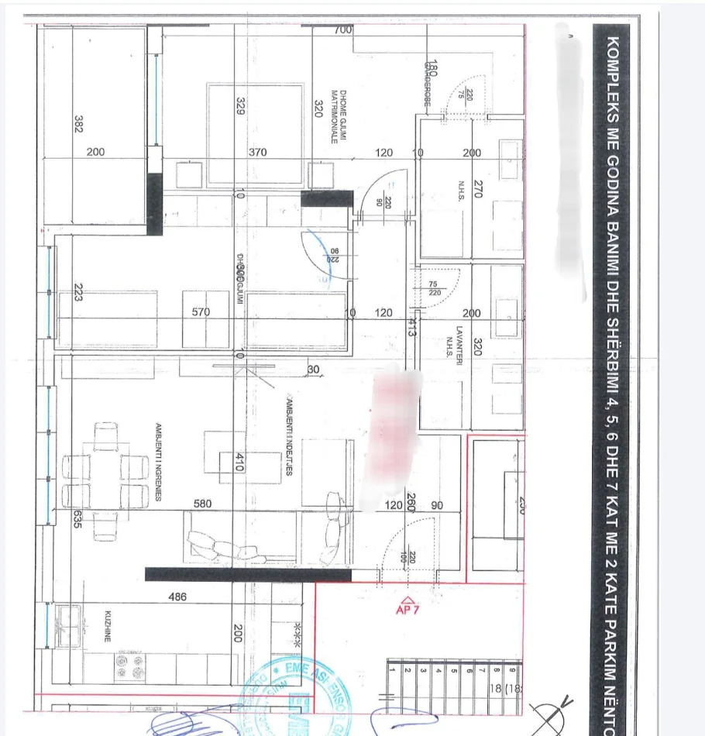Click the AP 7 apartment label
tap(408, 610)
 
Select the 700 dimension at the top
tap(342, 30)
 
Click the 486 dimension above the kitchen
tap(179, 597)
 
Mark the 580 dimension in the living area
tap(202, 504)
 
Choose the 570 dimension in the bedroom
tap(201, 312)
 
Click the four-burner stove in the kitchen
tap(129, 665)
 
